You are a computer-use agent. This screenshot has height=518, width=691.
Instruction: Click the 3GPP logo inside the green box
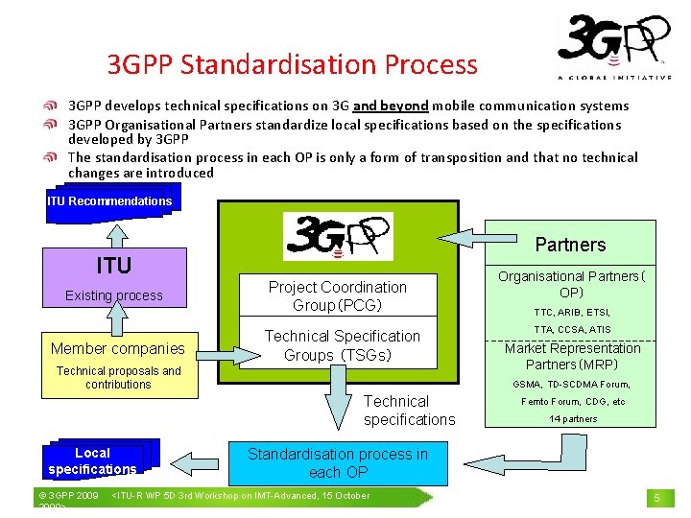click(x=337, y=236)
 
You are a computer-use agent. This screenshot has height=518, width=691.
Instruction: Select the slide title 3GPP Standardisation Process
click(x=292, y=64)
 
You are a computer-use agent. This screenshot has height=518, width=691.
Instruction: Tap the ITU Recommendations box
click(x=109, y=201)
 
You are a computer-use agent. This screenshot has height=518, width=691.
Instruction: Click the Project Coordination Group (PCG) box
click(x=337, y=295)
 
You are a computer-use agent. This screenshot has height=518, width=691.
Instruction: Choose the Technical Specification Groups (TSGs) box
click(x=342, y=344)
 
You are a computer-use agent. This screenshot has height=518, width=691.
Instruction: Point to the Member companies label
click(x=117, y=348)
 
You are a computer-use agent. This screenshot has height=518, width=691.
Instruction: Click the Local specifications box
click(x=92, y=460)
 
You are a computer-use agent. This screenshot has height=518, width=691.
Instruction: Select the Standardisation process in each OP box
click(x=338, y=463)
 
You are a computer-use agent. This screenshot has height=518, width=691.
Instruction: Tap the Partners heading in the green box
click(x=570, y=245)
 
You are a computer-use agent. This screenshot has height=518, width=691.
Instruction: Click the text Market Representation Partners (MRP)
click(x=573, y=356)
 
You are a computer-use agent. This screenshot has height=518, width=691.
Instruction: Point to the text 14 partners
click(x=573, y=418)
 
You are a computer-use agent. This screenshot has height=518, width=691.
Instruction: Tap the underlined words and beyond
click(x=391, y=106)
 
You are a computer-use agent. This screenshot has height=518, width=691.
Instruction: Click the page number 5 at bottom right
click(x=657, y=498)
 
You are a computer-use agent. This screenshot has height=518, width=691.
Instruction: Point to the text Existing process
click(x=113, y=295)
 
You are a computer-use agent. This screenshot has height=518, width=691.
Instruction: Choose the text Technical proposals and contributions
click(x=118, y=377)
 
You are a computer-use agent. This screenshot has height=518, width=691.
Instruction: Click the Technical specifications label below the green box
click(x=409, y=411)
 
